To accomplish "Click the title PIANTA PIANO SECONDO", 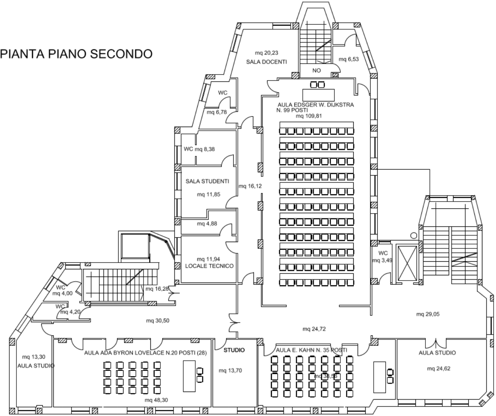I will pyautogui.click(x=77, y=54).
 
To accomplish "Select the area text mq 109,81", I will pyautogui.click(x=309, y=116).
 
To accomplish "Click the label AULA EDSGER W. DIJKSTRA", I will pyautogui.click(x=316, y=105).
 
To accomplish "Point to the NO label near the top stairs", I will pyautogui.click(x=316, y=70).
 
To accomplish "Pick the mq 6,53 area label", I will pyautogui.click(x=348, y=59).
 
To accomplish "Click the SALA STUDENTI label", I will pyautogui.click(x=207, y=181).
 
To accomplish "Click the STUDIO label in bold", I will pyautogui.click(x=234, y=350).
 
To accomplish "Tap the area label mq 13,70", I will pyautogui.click(x=230, y=371).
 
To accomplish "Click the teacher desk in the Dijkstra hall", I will pyautogui.click(x=318, y=95).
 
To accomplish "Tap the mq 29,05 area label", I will pyautogui.click(x=427, y=314).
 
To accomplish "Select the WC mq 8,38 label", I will pyautogui.click(x=199, y=149).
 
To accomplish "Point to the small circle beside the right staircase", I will pyautogui.click(x=413, y=235).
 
